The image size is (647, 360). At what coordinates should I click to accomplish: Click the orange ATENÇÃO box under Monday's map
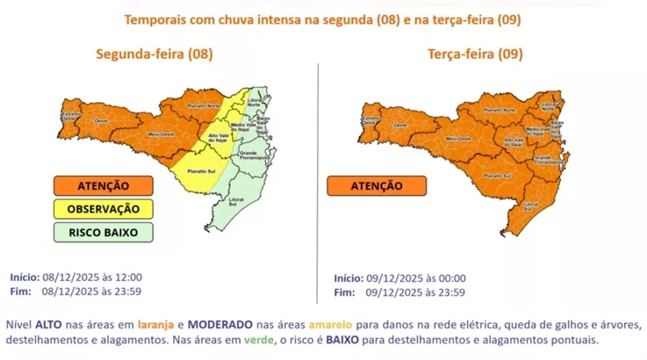click(x=102, y=186)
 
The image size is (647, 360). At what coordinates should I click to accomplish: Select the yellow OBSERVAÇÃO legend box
click(x=102, y=209)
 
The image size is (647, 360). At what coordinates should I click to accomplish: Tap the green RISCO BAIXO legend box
click(x=102, y=232)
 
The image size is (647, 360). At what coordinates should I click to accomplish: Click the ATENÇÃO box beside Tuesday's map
click(x=377, y=186)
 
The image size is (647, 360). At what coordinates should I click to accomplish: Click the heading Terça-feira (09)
click(x=475, y=54)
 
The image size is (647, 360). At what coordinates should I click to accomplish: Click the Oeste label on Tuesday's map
click(x=399, y=126)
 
